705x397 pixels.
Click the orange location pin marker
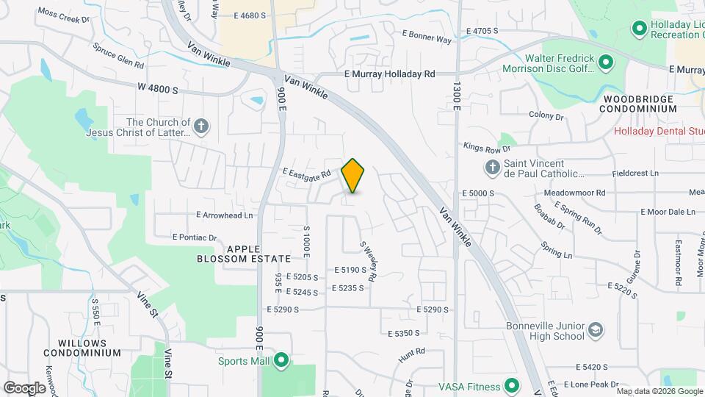click(353, 176)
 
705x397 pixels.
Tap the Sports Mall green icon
click(281, 361)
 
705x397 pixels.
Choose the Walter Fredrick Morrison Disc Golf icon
click(606, 62)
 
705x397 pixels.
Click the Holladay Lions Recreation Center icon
click(639, 29)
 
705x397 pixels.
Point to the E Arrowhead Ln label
click(224, 215)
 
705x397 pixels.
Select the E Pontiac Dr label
click(195, 237)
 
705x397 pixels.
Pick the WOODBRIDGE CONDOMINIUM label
click(637, 103)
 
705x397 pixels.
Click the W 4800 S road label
click(157, 88)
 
